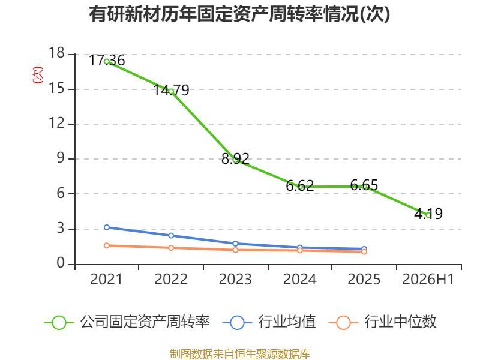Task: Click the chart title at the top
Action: pos(239,14)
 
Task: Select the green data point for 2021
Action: pos(107,62)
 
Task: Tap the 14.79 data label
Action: pos(171,90)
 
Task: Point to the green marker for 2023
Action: pos(235,160)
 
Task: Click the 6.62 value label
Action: pos(299,185)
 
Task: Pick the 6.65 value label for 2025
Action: pos(364,185)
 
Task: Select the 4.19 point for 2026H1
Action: pos(428,215)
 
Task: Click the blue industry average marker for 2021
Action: pos(107,227)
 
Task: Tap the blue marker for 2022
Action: pos(171,235)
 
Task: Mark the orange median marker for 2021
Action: pos(107,245)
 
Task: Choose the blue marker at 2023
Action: pos(235,244)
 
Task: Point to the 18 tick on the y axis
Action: pos(57,53)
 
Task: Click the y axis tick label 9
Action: pos(61,158)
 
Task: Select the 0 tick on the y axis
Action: pos(61,263)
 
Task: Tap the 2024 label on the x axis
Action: pos(299,279)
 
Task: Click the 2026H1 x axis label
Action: pos(428,279)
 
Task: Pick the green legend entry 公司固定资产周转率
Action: pos(127,322)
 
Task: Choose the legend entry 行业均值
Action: pos(269,322)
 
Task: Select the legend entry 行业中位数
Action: pos(382,322)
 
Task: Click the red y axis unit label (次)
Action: pos(38,75)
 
